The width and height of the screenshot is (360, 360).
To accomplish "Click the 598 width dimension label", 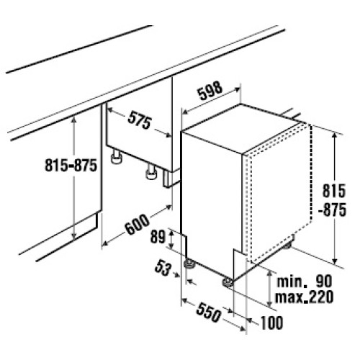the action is [x=210, y=91].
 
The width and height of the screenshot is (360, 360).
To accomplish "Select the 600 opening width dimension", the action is [x=138, y=224].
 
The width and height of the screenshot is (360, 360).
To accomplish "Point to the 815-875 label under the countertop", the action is [x=71, y=166].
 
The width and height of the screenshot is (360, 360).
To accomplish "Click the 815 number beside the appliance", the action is [x=334, y=191].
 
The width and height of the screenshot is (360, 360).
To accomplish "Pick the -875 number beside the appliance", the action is [x=332, y=210].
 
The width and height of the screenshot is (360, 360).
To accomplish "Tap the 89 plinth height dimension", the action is [x=158, y=237].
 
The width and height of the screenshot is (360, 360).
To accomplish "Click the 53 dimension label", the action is [x=163, y=268].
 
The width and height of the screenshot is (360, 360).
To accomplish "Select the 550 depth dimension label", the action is [x=208, y=312].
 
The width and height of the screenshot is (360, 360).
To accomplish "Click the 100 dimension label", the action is [x=271, y=323].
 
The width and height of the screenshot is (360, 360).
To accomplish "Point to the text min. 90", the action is [x=305, y=282].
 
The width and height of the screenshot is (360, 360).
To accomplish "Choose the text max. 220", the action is [x=304, y=297].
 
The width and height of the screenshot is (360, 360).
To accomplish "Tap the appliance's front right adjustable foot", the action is [x=228, y=282].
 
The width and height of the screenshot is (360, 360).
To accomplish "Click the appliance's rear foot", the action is [x=287, y=246].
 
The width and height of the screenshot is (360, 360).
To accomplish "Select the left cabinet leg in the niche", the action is [x=117, y=157].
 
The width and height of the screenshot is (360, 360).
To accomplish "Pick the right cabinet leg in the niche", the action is [x=151, y=172].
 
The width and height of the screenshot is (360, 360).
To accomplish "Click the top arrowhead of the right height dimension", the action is [x=335, y=135].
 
